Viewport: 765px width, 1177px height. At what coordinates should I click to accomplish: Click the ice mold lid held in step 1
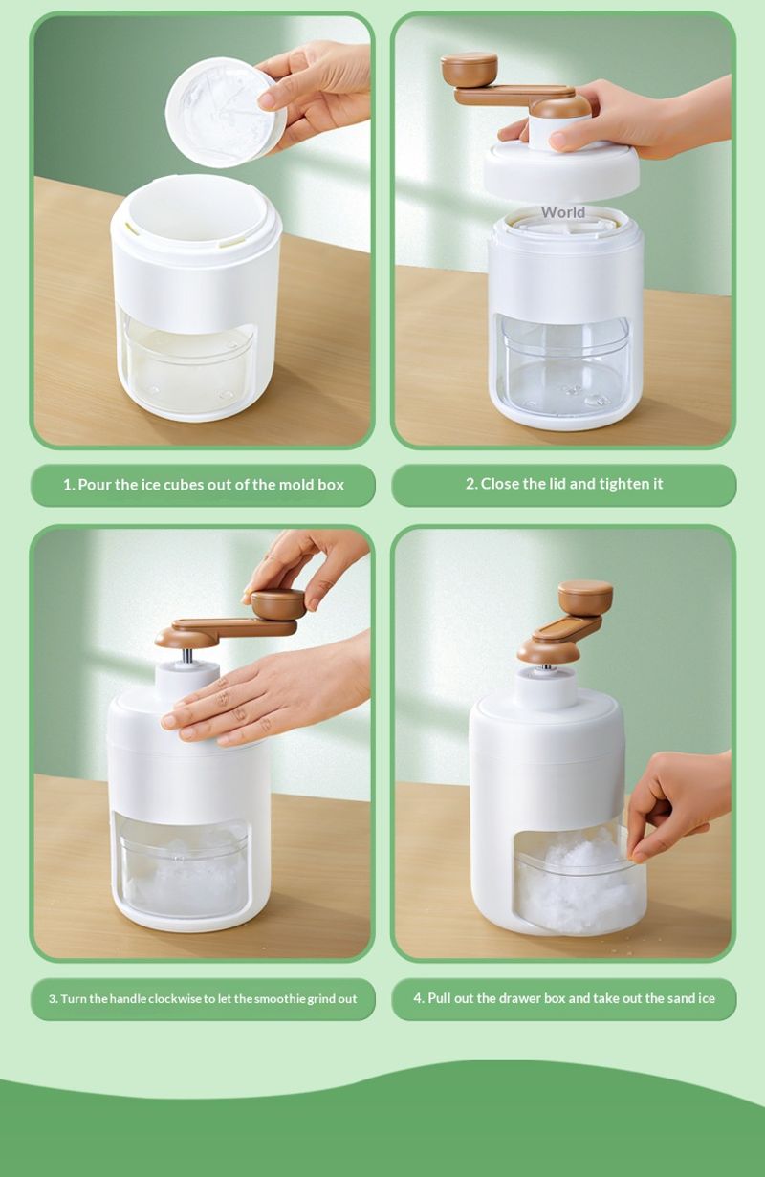pos(226,112)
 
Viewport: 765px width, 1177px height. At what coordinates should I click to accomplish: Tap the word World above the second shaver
pos(562,212)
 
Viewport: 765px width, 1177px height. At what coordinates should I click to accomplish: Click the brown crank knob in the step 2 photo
pos(469,69)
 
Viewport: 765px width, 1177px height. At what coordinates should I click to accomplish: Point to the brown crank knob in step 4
pos(585,597)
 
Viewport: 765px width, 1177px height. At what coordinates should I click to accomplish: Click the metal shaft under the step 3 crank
pos(187,656)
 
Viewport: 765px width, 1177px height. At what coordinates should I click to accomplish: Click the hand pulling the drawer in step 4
pos(678,805)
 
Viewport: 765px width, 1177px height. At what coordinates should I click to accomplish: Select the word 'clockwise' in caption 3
pos(175,998)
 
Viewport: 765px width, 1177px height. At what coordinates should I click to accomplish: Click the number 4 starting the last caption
pos(418,998)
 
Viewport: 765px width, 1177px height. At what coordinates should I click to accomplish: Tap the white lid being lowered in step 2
pos(561,167)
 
